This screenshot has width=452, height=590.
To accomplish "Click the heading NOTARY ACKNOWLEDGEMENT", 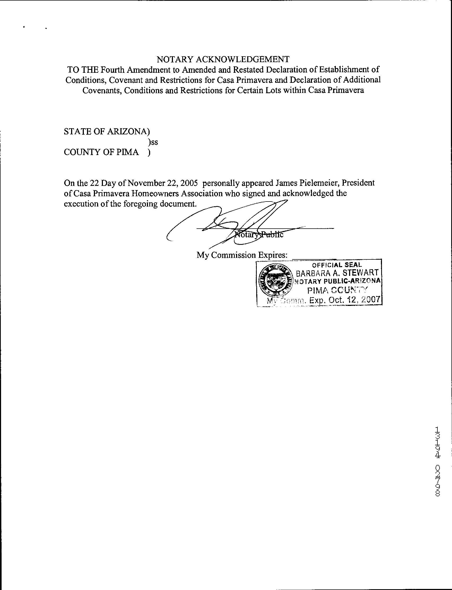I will [x=223, y=59].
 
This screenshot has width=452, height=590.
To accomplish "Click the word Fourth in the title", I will [x=113, y=70].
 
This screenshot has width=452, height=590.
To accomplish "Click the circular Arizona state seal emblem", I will [x=275, y=281].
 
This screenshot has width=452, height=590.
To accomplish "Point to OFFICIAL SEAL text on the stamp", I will [x=337, y=265].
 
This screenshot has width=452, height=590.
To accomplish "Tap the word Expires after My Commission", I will [x=272, y=255].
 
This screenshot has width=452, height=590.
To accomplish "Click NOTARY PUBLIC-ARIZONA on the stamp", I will [x=337, y=281].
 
